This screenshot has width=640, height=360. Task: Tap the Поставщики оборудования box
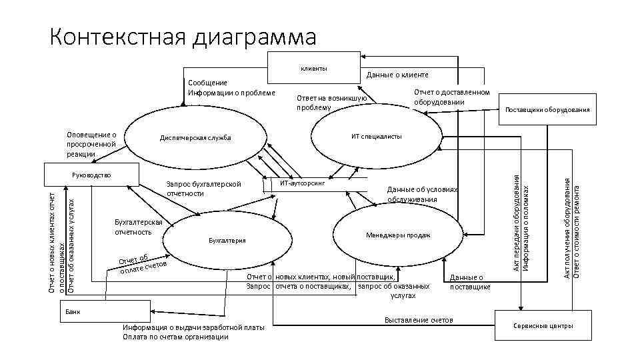point(547,109)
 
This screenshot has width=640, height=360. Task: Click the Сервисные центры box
point(542,325)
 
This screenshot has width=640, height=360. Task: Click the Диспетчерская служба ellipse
point(195,138)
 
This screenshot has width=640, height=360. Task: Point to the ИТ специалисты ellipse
point(376,136)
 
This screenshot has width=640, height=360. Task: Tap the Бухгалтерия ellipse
point(227,240)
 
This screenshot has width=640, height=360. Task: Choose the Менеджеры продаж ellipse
point(398,235)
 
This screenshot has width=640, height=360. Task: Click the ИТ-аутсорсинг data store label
point(302,181)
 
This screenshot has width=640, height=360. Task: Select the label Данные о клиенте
point(398,75)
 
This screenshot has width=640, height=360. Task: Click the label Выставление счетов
point(419,321)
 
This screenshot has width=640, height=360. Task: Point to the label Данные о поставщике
point(470,282)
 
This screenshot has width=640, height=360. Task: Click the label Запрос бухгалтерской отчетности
point(203,189)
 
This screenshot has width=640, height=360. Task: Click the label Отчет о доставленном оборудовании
point(451,97)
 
